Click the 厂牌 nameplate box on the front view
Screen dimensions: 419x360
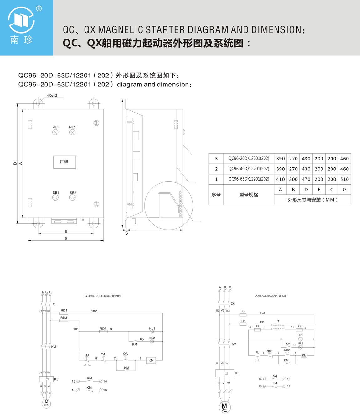point(64,162)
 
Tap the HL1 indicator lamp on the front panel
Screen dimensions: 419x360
point(55,132)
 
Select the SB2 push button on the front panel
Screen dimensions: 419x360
point(73,198)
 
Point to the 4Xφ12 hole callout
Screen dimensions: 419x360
point(52,95)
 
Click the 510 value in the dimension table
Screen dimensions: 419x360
point(344,179)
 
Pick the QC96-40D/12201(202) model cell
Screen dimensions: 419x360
point(249,169)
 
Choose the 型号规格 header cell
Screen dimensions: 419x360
point(249,195)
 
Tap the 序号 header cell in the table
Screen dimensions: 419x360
point(216,195)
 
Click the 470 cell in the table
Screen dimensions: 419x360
point(306,179)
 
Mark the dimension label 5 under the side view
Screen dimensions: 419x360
point(126,233)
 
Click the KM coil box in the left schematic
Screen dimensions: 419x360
point(151,360)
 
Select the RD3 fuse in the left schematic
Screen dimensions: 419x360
point(103,331)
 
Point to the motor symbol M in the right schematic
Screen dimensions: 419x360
point(224,407)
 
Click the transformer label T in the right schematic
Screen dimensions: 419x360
point(278,322)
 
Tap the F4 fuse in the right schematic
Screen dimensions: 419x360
point(299,330)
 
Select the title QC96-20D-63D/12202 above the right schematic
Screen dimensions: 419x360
point(271,296)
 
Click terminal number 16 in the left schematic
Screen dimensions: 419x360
point(105,390)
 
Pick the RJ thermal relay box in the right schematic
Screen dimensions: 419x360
point(225,373)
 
